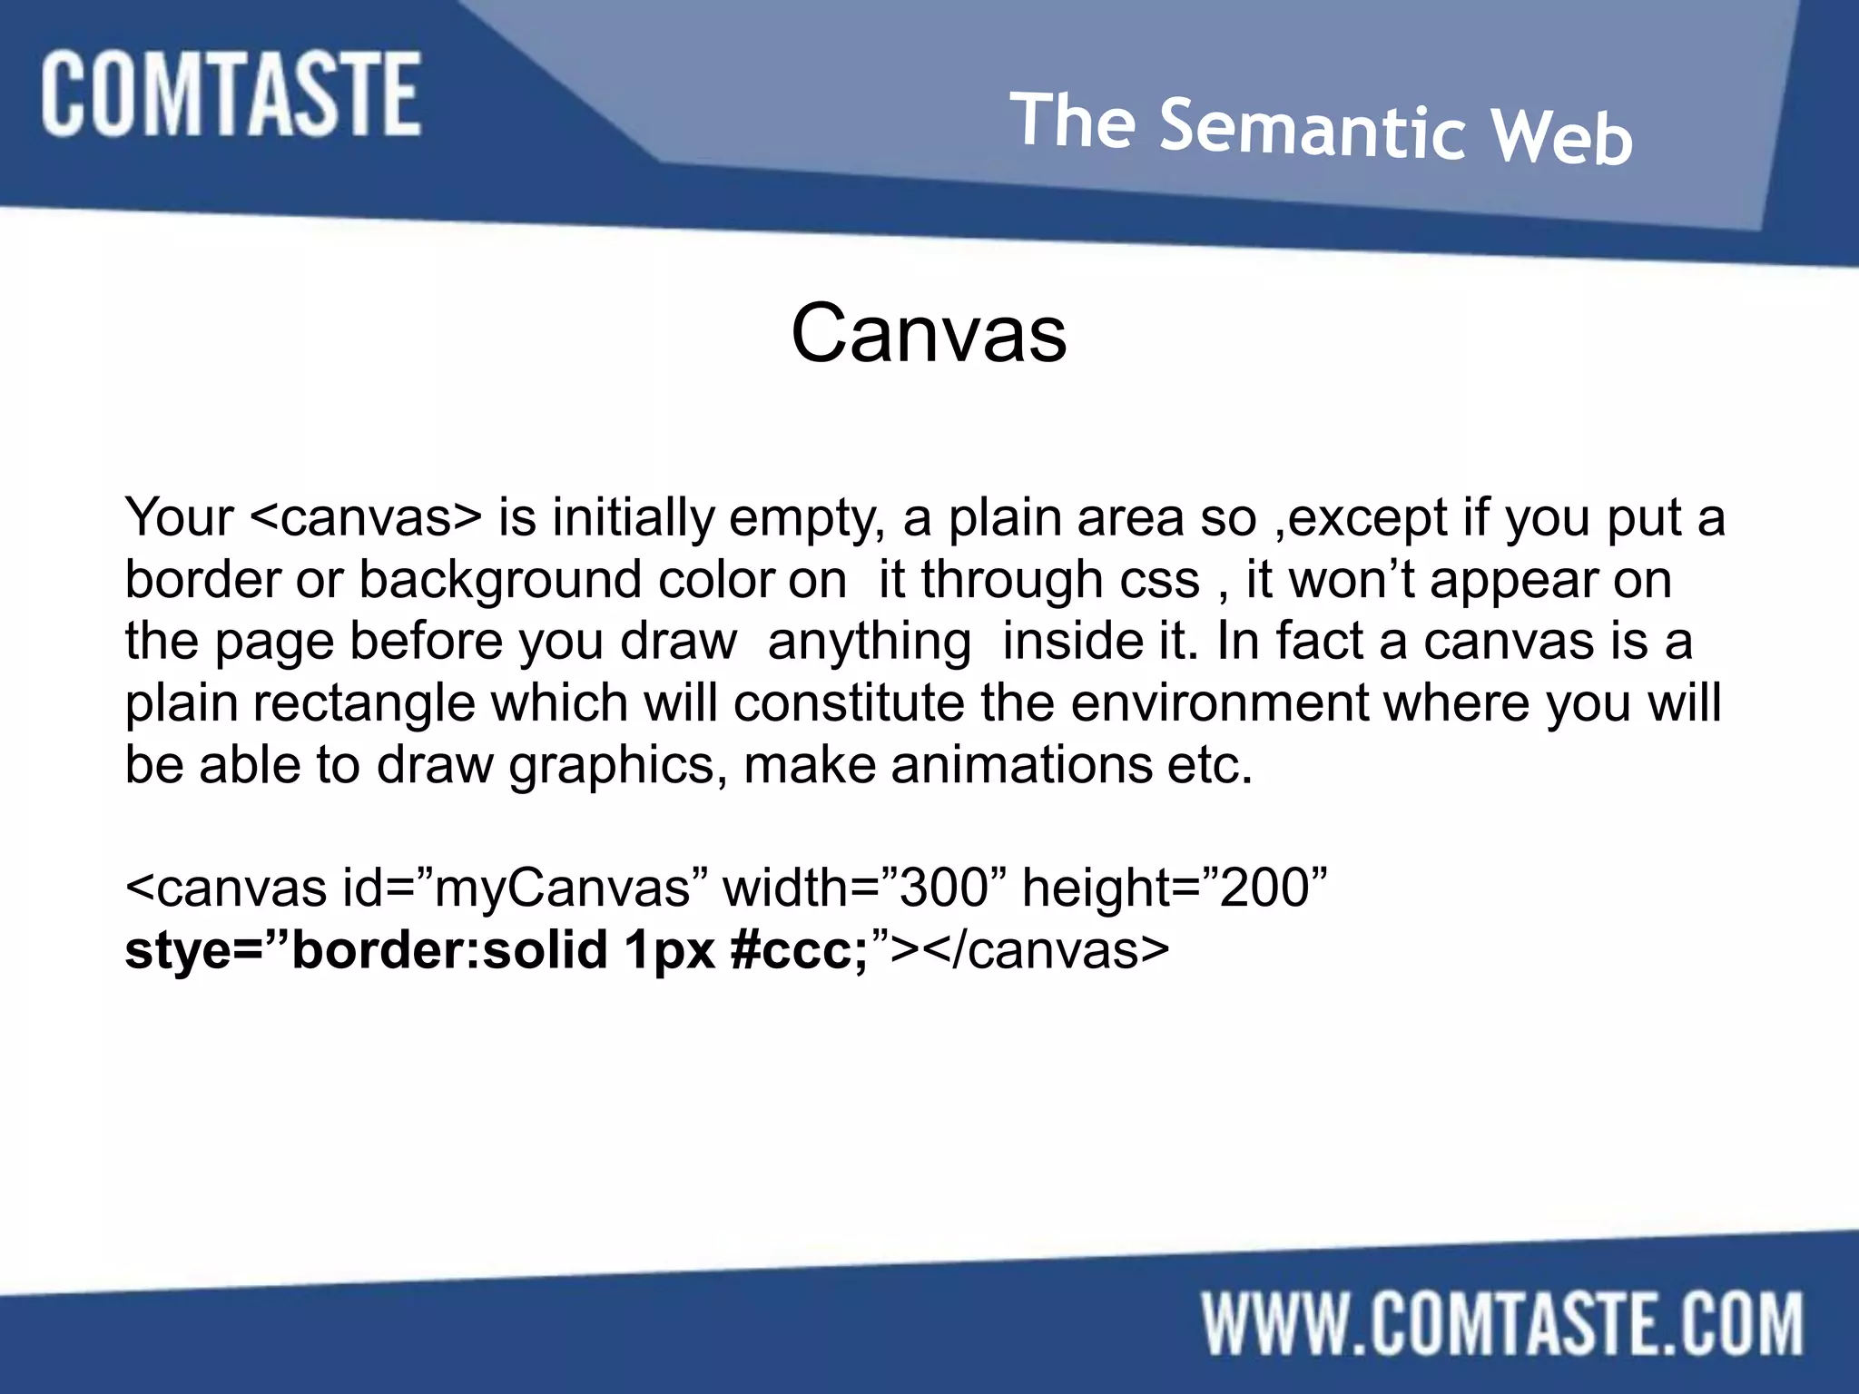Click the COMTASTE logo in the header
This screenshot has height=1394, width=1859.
click(231, 94)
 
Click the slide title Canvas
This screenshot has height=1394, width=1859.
click(929, 333)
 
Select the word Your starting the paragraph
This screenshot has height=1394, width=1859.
click(179, 517)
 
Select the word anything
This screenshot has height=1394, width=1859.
click(870, 642)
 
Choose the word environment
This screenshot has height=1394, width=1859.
click(1220, 702)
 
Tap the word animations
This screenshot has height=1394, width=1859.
click(1020, 764)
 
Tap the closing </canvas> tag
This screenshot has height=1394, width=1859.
click(1046, 950)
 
